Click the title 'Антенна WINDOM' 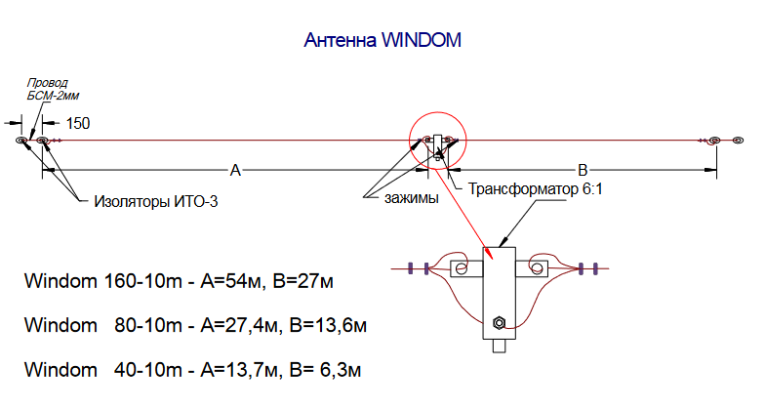382,41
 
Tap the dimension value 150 78,124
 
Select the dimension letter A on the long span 234,170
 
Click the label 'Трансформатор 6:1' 537,189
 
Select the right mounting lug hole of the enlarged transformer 536,266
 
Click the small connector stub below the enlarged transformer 499,346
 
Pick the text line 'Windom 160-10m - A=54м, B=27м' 179,283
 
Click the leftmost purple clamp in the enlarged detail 411,266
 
